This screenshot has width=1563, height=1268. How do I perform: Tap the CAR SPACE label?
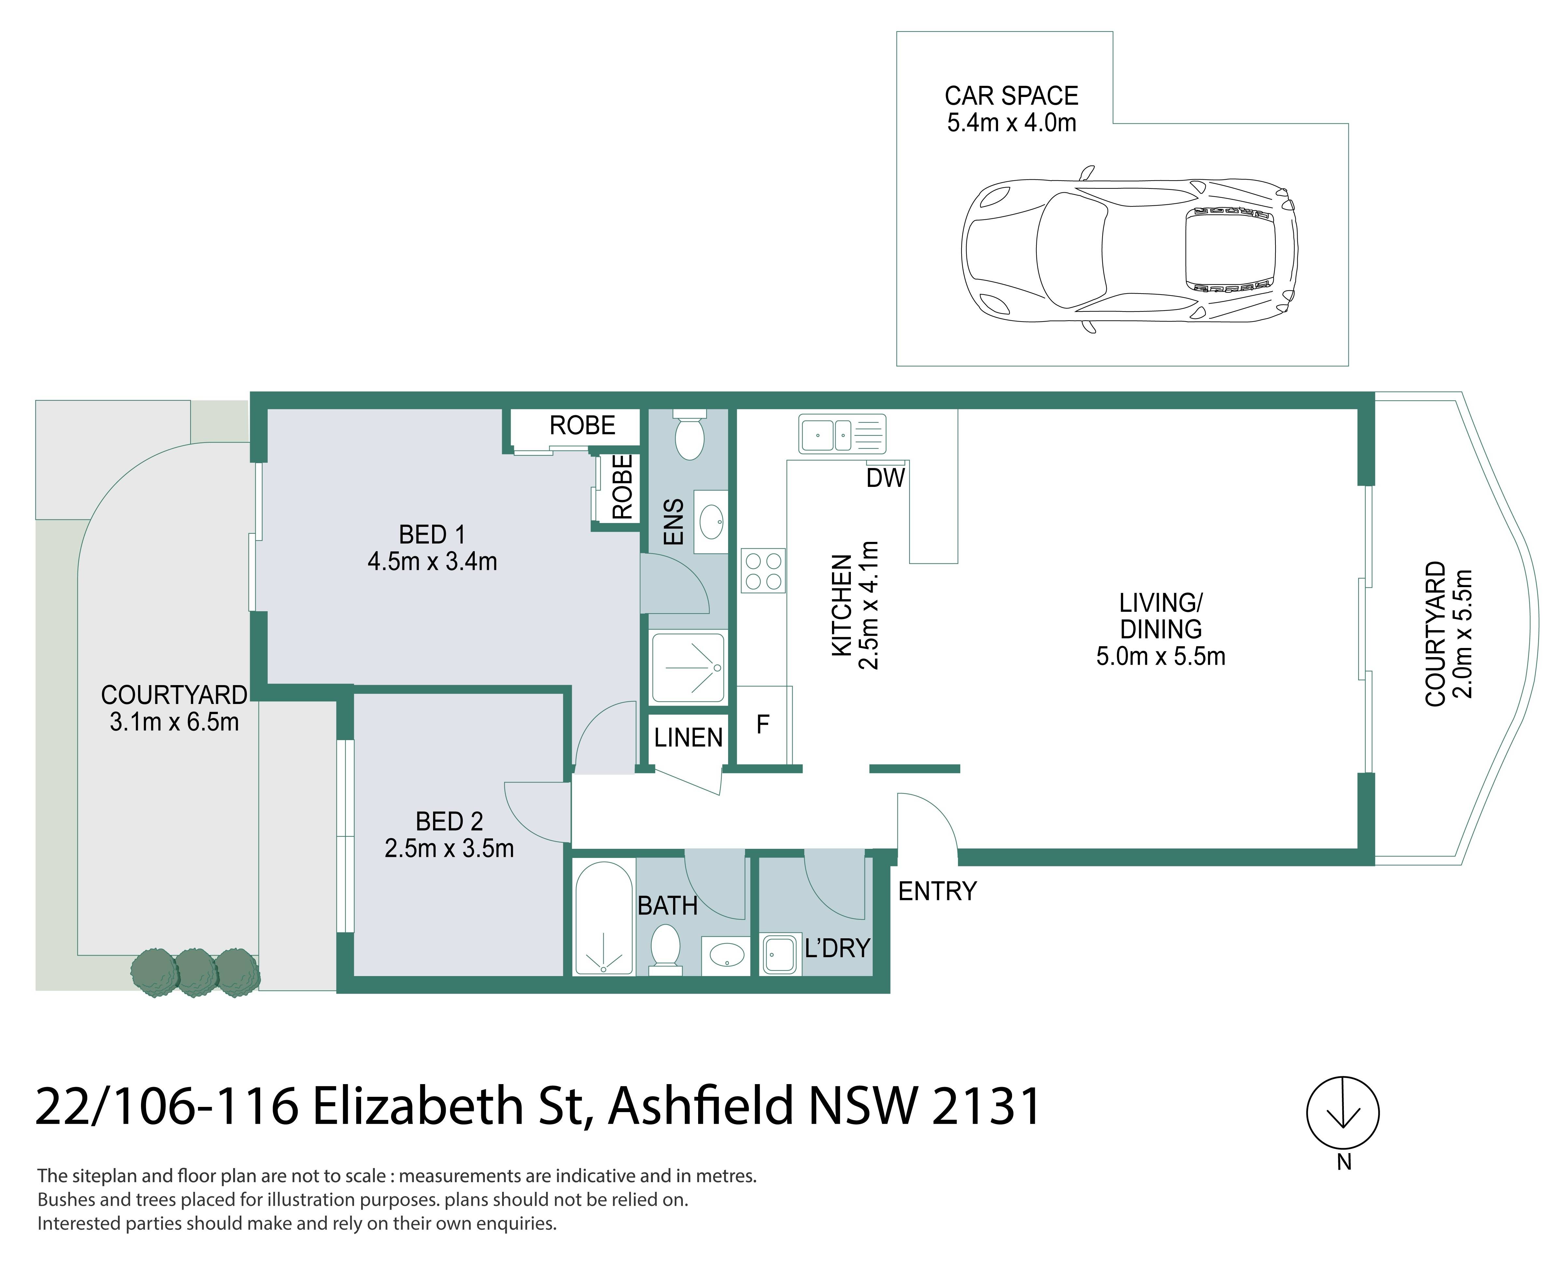click(x=1011, y=96)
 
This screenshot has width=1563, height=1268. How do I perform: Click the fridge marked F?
click(x=764, y=724)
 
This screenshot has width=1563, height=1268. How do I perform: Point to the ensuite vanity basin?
click(x=711, y=521)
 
